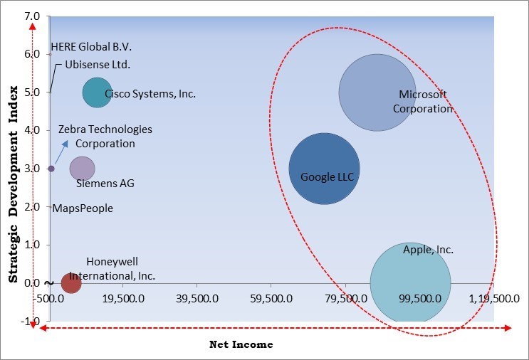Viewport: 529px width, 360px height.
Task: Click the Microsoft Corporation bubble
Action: pyautogui.click(x=377, y=92)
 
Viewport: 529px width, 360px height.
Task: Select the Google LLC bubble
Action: pyautogui.click(x=324, y=169)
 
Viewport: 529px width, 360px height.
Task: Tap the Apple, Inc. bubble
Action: pyautogui.click(x=410, y=282)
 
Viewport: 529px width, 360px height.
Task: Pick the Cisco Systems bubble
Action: pyautogui.click(x=96, y=92)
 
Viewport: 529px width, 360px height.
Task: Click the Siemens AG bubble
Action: pyautogui.click(x=82, y=169)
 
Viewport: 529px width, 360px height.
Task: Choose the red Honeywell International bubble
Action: pyautogui.click(x=71, y=283)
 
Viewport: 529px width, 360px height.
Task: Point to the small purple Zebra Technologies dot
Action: pyautogui.click(x=51, y=169)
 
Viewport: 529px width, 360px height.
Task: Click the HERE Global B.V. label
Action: pyautogui.click(x=91, y=48)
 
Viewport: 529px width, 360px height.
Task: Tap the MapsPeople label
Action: pyautogui.click(x=83, y=208)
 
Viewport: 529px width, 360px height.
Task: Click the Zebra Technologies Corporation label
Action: pyautogui.click(x=105, y=137)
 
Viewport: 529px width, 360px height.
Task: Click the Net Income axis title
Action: pyautogui.click(x=241, y=344)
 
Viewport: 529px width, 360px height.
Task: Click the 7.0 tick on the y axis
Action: pyautogui.click(x=32, y=16)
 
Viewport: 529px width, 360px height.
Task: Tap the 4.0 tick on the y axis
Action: pyautogui.click(x=32, y=130)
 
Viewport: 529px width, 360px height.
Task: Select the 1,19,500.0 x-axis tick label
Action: pyautogui.click(x=495, y=299)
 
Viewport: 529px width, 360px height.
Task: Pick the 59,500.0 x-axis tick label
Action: pyautogui.click(x=271, y=299)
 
